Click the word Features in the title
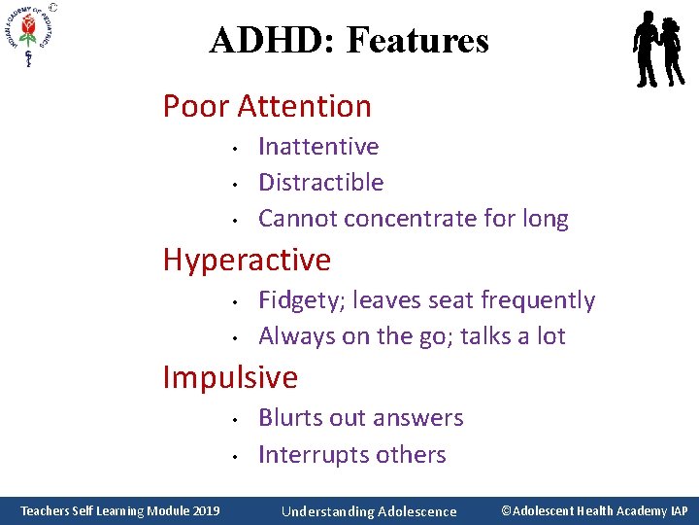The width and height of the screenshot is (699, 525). [x=417, y=40]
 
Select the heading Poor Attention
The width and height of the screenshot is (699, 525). [x=267, y=105]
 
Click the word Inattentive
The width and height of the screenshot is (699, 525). [x=318, y=147]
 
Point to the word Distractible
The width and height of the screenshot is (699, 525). [x=320, y=183]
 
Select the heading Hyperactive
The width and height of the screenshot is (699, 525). [x=247, y=260]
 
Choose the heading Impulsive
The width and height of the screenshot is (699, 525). [x=230, y=376]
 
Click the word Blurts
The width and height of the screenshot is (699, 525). [x=286, y=418]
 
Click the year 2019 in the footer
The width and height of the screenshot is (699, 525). [x=203, y=510]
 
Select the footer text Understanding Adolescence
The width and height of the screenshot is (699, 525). [x=368, y=511]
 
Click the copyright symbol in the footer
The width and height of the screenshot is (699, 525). [x=507, y=510]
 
